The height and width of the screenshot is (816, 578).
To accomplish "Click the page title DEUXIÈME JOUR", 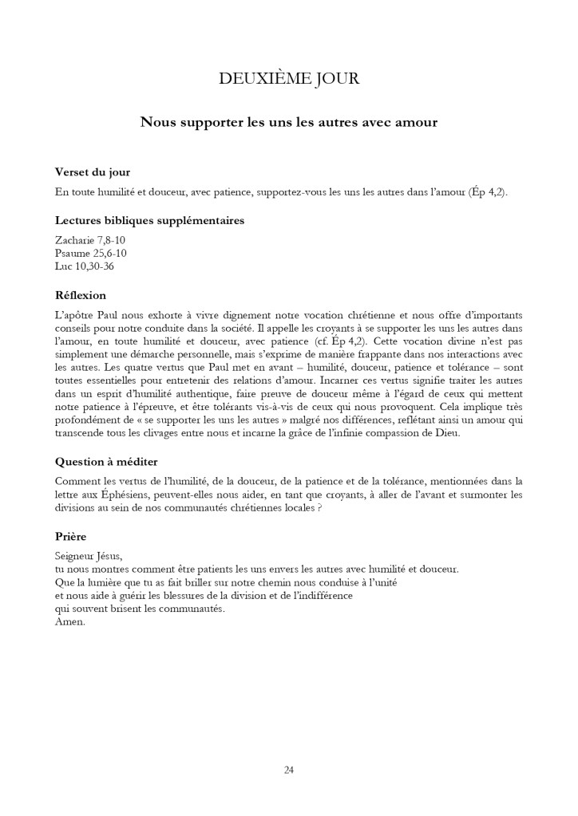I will [x=288, y=78].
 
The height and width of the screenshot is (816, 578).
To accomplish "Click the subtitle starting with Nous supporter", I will [x=288, y=122].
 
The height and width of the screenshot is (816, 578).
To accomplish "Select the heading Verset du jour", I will [x=93, y=172].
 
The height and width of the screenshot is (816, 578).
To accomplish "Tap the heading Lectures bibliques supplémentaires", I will [x=149, y=220].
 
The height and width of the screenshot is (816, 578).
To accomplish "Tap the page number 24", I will [x=288, y=770].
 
